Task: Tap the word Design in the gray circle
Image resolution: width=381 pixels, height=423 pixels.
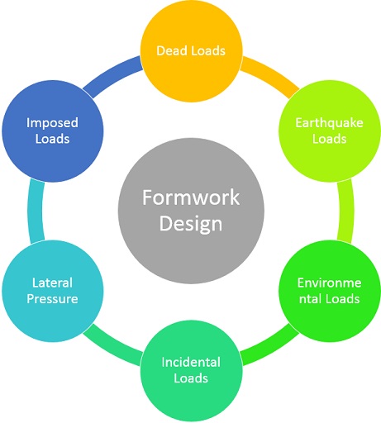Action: pos(191,223)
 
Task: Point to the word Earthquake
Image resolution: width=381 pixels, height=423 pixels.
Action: pos(329,123)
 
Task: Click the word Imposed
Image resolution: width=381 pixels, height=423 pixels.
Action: pos(53,123)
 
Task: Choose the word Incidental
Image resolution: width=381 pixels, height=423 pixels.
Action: pos(191,362)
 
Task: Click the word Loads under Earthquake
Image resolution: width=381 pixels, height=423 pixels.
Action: pos(329,139)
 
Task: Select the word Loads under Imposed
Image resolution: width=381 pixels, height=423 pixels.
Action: pos(53,139)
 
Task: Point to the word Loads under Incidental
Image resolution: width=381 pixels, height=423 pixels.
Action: pos(191,378)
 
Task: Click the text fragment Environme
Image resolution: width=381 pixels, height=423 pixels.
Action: pos(329,283)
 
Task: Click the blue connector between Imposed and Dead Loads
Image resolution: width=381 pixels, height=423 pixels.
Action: pos(112,74)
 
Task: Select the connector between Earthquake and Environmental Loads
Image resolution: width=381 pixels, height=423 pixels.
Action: pos(346,211)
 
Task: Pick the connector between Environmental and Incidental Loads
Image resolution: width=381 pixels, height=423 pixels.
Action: pos(269,347)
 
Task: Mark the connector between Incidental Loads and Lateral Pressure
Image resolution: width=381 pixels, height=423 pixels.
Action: pos(112,347)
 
